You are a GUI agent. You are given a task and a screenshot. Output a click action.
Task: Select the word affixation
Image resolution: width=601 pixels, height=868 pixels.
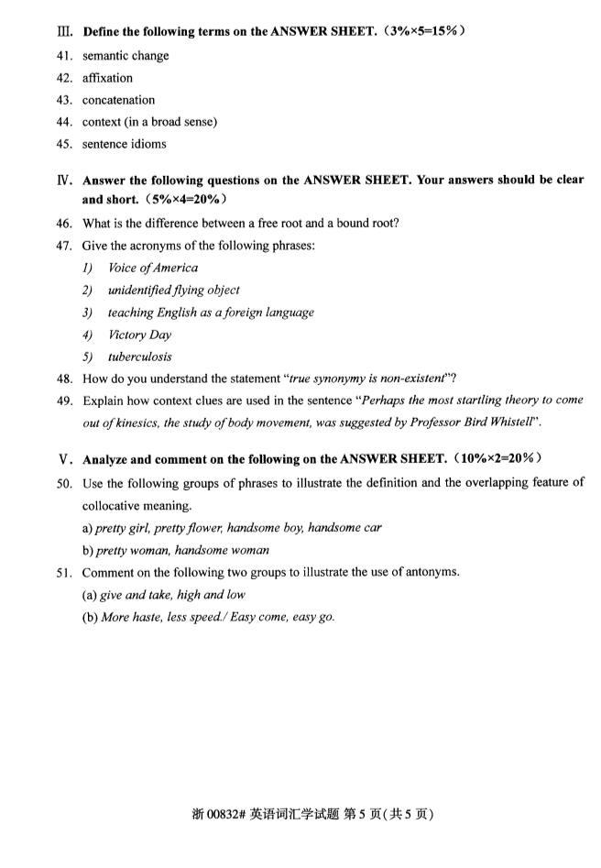[107, 78]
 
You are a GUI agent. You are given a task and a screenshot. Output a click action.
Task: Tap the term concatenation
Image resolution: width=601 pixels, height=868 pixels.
[118, 100]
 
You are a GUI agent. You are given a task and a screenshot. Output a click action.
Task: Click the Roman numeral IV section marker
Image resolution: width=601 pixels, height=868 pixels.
[65, 181]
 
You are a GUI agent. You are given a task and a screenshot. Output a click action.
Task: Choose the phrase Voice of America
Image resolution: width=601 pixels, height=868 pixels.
[153, 269]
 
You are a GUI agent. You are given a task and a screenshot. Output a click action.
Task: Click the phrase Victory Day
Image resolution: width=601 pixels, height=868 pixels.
[140, 335]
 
